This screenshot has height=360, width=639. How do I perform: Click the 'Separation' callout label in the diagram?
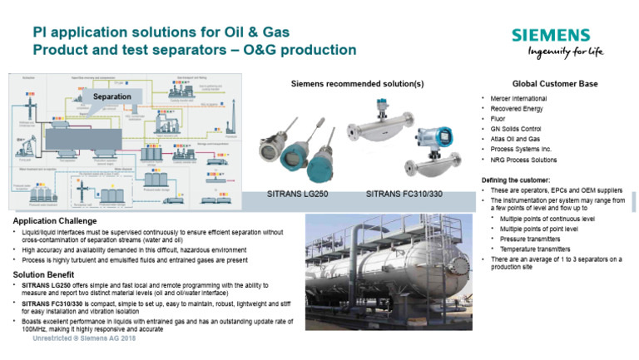coord(111,97)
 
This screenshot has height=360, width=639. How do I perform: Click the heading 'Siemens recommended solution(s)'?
coord(357,84)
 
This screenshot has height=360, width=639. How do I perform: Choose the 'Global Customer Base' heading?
coord(555,84)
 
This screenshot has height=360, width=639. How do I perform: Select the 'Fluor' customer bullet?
coord(498,119)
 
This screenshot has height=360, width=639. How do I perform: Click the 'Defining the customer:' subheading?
coord(515,180)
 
